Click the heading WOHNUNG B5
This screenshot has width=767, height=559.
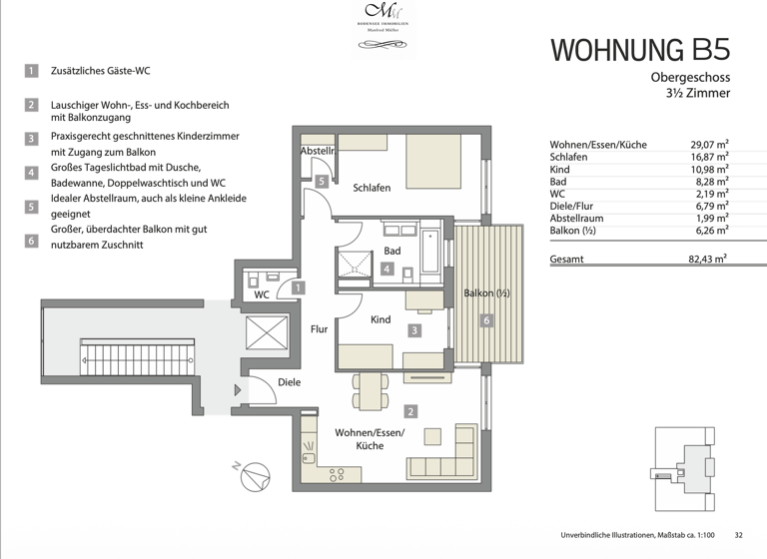(640, 49)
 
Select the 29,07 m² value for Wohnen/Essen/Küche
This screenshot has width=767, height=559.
(709, 145)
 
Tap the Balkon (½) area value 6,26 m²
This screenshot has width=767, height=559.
(709, 231)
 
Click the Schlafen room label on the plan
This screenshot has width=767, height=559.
(372, 188)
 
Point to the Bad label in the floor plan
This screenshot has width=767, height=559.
(391, 251)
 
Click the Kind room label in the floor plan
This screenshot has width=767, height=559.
(380, 320)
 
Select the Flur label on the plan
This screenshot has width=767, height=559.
(319, 328)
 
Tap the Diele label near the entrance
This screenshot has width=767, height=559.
(290, 382)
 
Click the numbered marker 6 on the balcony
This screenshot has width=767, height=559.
(486, 320)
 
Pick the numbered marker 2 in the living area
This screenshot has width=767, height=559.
(410, 410)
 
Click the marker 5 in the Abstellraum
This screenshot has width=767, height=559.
(321, 181)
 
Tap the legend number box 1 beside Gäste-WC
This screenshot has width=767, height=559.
(32, 71)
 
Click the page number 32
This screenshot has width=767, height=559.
(738, 535)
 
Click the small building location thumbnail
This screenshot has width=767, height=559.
(686, 462)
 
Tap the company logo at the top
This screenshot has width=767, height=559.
(383, 19)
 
